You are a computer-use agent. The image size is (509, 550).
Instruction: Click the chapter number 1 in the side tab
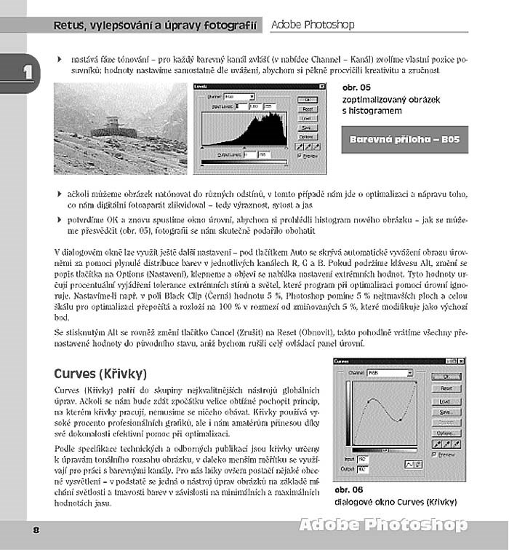tap(28, 72)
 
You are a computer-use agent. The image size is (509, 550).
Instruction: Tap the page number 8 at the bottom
tap(35, 530)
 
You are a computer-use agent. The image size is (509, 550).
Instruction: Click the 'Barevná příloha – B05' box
tap(404, 139)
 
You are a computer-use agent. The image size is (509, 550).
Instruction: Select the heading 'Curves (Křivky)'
tap(100, 374)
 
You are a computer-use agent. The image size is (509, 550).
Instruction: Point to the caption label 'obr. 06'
tap(348, 490)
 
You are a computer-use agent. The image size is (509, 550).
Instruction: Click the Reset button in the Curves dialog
tap(446, 389)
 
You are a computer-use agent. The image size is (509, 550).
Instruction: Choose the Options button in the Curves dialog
tap(446, 433)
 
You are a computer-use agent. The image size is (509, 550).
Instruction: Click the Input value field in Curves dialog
tap(362, 460)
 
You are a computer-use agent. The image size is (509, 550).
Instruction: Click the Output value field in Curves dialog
tap(362, 469)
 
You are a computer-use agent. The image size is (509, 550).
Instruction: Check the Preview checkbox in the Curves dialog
tap(434, 454)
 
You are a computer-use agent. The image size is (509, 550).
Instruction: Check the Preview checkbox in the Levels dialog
tap(300, 154)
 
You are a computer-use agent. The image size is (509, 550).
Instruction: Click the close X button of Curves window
tap(460, 361)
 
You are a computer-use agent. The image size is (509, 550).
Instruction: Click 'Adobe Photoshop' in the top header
tap(313, 25)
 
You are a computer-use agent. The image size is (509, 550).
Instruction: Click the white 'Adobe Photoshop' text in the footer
tap(382, 525)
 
